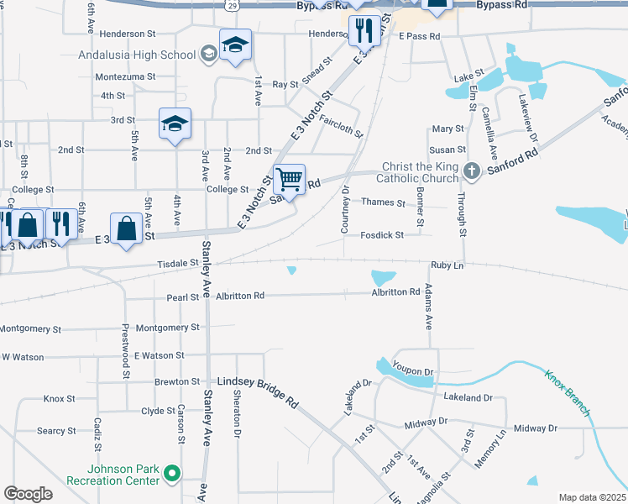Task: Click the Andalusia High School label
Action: (136, 55)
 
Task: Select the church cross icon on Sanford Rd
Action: (472, 171)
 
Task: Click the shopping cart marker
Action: (289, 179)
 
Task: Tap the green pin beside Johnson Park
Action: (172, 475)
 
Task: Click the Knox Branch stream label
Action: (568, 392)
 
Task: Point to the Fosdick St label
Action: (383, 235)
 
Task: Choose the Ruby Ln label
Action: (447, 265)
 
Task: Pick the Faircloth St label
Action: (341, 127)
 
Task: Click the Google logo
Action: (28, 494)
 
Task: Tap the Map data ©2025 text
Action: (592, 497)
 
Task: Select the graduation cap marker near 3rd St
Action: (175, 123)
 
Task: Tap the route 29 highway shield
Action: (231, 5)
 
